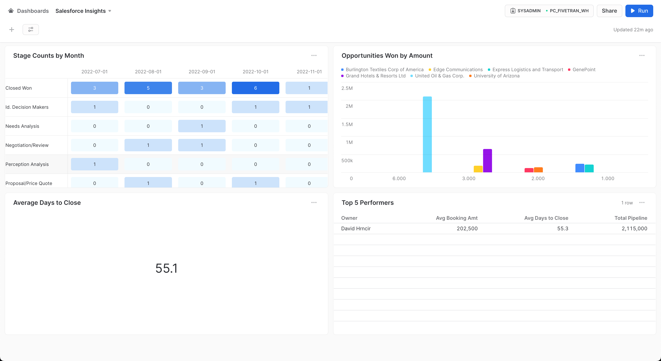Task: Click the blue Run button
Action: tap(639, 11)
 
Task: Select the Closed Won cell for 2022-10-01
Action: tap(255, 88)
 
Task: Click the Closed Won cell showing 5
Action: tap(148, 88)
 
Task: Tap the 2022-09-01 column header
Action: tap(202, 72)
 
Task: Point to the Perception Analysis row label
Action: tap(27, 164)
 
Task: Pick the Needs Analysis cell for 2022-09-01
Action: tap(202, 126)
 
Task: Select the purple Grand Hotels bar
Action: tap(487, 161)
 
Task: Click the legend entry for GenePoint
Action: tap(584, 69)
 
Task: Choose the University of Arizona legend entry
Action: tap(496, 76)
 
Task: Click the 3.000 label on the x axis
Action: tap(469, 178)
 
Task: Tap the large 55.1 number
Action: tap(166, 268)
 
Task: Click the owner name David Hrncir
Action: tap(356, 228)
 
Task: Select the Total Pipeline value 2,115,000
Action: tap(634, 228)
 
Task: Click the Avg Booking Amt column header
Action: tap(457, 218)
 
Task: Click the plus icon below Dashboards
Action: tap(11, 30)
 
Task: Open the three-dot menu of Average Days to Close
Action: tap(314, 202)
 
